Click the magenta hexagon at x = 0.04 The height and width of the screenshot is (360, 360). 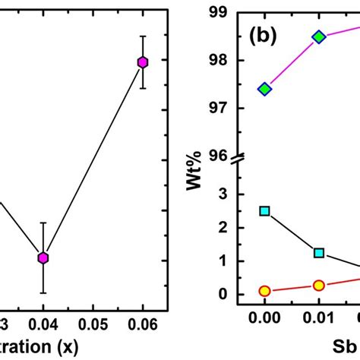[x=43, y=258]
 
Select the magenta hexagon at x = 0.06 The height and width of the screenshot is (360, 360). [x=143, y=62]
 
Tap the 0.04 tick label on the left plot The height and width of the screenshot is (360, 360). [x=43, y=324]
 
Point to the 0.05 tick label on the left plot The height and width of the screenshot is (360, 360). [x=93, y=324]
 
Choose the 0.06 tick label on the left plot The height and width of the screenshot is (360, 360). [x=143, y=324]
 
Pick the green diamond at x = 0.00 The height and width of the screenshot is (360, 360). [x=264, y=89]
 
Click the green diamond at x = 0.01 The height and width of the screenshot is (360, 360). [x=319, y=36]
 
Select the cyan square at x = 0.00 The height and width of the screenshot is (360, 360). [x=264, y=210]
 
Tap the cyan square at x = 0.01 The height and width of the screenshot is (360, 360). [x=319, y=252]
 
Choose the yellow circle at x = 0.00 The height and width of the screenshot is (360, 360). [x=264, y=291]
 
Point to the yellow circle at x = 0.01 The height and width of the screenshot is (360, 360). [x=319, y=286]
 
